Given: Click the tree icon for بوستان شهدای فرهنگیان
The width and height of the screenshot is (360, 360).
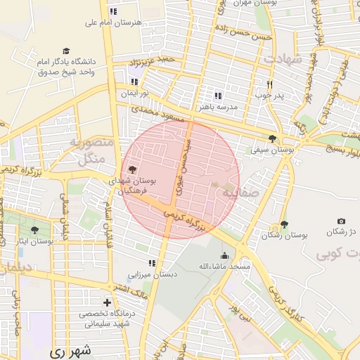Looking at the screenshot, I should [x=132, y=169].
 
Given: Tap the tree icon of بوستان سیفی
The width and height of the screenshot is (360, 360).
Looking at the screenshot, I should [x=273, y=139].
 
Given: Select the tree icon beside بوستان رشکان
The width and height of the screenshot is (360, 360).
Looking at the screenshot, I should [x=284, y=225].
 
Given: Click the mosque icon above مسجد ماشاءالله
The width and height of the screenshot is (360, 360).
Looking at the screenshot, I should [x=224, y=256].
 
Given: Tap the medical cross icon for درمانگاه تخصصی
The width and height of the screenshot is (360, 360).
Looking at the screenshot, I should [x=107, y=302].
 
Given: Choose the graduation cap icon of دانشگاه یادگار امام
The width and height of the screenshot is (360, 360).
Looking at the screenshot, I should [x=66, y=51].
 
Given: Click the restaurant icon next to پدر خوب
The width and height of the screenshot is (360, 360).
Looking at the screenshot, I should [x=269, y=84].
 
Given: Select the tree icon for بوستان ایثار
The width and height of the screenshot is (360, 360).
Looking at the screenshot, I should [x=34, y=230].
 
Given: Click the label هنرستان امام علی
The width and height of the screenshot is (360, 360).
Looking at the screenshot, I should [x=113, y=22].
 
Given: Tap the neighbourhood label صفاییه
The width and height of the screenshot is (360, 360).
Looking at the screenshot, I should [x=240, y=191].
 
